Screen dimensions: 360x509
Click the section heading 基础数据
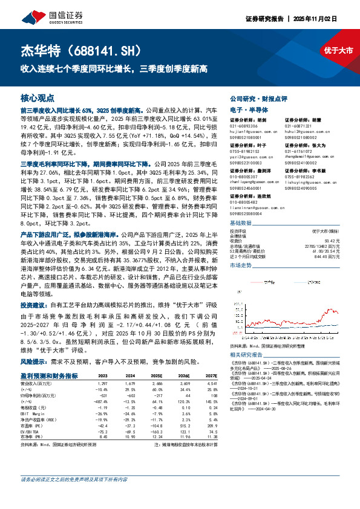click(x=239, y=222)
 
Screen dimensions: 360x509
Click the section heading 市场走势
click(x=240, y=265)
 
